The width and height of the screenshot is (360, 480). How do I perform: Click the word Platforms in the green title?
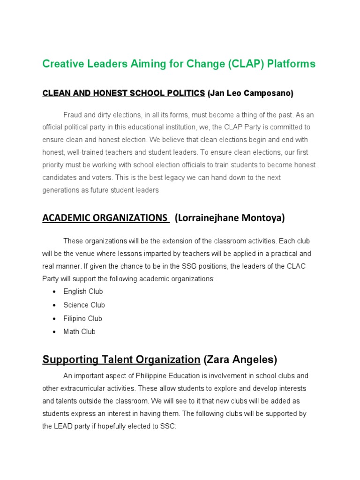tap(291, 64)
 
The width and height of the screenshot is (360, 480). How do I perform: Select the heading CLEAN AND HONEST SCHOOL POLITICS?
tap(124, 93)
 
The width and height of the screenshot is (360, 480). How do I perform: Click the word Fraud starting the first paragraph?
tap(73, 115)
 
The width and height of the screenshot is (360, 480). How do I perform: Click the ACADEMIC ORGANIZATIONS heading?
tap(105, 218)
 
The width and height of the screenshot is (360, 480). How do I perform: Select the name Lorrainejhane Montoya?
tap(230, 218)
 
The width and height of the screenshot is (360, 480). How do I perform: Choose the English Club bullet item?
tap(83, 292)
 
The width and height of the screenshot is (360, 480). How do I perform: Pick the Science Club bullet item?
tap(84, 305)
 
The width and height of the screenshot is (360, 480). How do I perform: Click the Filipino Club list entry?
tap(82, 319)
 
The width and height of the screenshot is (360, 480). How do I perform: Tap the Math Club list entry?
tap(79, 332)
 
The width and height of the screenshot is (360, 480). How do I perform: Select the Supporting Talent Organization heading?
tap(121, 360)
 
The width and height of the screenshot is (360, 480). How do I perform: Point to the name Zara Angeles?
tap(240, 360)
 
